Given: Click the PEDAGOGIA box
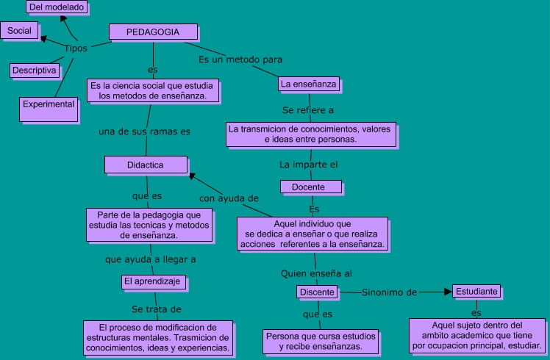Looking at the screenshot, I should point(153,32).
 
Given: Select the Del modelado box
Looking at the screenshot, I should point(57,7).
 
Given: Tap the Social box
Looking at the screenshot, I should point(19,30).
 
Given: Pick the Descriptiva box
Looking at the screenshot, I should point(34,70).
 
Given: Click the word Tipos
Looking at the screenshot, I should point(76,48).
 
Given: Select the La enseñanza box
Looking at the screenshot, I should point(309,84).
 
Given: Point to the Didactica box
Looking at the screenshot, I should point(145,165).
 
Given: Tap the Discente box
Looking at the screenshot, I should point(318,292).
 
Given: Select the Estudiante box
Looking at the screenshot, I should point(477,291).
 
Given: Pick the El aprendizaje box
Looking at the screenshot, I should point(154,281).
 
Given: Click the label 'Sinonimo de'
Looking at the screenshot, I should point(389,292).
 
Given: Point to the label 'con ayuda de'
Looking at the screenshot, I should point(229,198).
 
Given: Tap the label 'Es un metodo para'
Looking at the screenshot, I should point(240,59).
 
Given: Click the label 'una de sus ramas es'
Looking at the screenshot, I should point(144,132).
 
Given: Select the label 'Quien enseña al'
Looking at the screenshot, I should point(316,273).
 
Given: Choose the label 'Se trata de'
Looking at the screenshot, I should point(156,309).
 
